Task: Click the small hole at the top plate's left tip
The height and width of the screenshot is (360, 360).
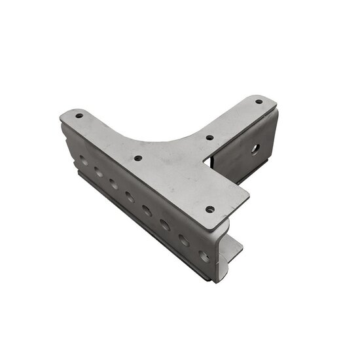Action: point(79,116)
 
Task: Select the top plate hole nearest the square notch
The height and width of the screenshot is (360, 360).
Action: point(209,138)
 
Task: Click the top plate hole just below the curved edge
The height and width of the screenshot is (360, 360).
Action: point(138,158)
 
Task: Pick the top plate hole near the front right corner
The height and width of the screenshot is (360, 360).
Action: point(209,209)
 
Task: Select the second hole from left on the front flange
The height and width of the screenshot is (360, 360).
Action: point(98,171)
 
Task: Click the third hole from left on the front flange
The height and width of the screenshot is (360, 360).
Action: point(113,184)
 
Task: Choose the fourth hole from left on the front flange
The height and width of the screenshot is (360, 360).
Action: point(130,197)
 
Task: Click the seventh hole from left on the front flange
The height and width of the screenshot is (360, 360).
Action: point(184,240)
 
